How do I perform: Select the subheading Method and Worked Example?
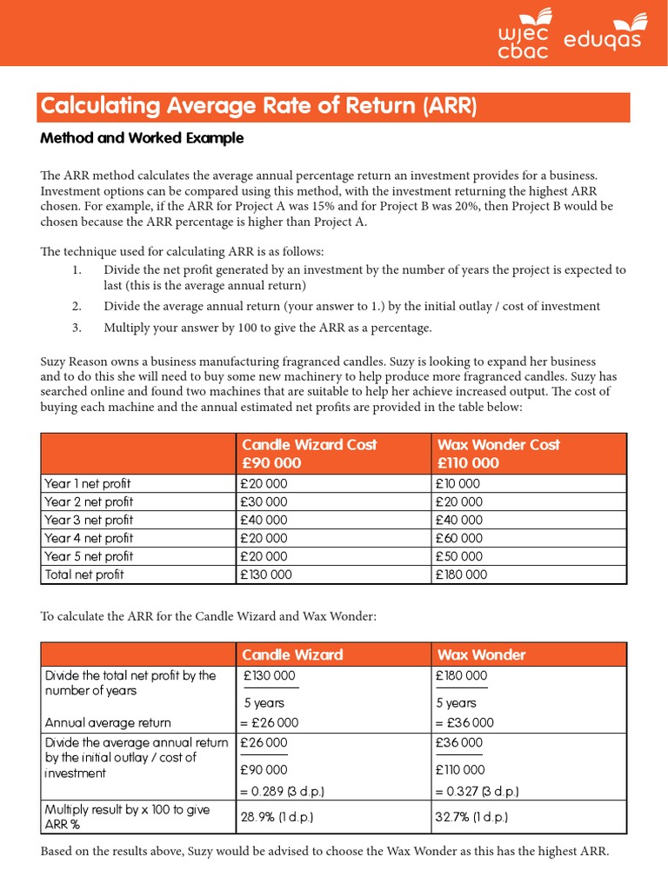pos(143,138)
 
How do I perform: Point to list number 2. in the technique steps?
pos(77,306)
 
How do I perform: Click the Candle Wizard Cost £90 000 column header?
pos(309,454)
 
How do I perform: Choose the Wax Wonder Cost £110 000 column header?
pos(498,454)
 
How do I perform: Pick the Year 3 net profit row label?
pos(89,520)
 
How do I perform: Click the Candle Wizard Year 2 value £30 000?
pos(264,501)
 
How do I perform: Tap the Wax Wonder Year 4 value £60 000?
pos(459,538)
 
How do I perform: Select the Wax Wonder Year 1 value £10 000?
pos(458,483)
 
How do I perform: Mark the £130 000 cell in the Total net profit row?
pos(267,575)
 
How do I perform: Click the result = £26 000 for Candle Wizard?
pos(270,722)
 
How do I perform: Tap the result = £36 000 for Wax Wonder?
pos(464,722)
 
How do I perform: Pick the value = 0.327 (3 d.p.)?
pos(478,791)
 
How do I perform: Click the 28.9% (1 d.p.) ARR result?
pos(277,817)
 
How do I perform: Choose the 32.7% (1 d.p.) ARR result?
pos(471,817)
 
